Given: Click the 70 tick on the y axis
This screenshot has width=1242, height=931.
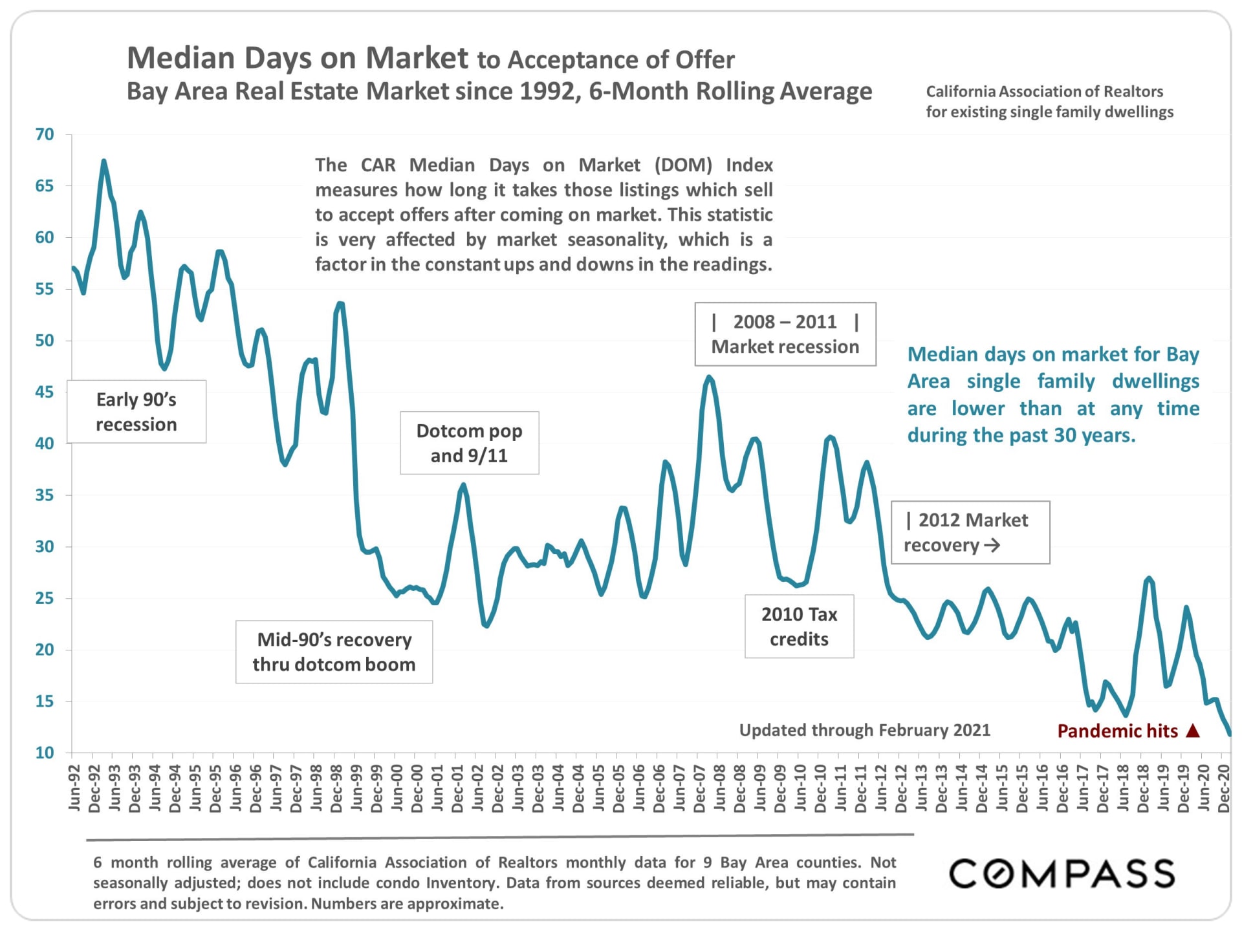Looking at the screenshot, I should point(45,134).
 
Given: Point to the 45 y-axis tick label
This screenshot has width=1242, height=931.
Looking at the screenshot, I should point(45,392).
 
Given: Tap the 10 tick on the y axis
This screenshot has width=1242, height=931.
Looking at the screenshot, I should point(45,753).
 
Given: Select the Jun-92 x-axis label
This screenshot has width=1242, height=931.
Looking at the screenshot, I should point(74,787).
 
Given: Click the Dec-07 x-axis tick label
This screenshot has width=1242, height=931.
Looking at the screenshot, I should point(699,787).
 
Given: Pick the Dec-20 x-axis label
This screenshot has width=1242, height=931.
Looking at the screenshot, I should point(1224,787).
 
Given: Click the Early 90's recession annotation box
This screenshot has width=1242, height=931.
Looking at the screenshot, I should point(136,412).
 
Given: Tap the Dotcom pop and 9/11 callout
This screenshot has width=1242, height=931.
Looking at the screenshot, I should point(469,443).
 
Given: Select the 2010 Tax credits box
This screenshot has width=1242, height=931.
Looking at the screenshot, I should point(799,626).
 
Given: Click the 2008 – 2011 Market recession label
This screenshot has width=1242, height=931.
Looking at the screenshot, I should point(785,334).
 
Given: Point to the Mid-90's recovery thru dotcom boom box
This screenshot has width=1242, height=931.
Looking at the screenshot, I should point(334,652).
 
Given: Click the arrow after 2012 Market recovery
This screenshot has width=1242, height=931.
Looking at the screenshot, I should point(992,546).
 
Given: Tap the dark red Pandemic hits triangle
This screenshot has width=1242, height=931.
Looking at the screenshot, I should point(1193,731).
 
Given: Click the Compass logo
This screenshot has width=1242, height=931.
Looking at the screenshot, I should point(1062,873).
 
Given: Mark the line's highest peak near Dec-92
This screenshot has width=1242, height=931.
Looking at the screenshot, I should point(103,161).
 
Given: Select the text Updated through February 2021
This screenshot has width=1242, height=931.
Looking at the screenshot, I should point(864,730).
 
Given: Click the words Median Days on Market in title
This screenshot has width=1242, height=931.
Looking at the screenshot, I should point(298,58).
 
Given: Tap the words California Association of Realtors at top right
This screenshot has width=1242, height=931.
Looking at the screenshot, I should point(1044,92).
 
